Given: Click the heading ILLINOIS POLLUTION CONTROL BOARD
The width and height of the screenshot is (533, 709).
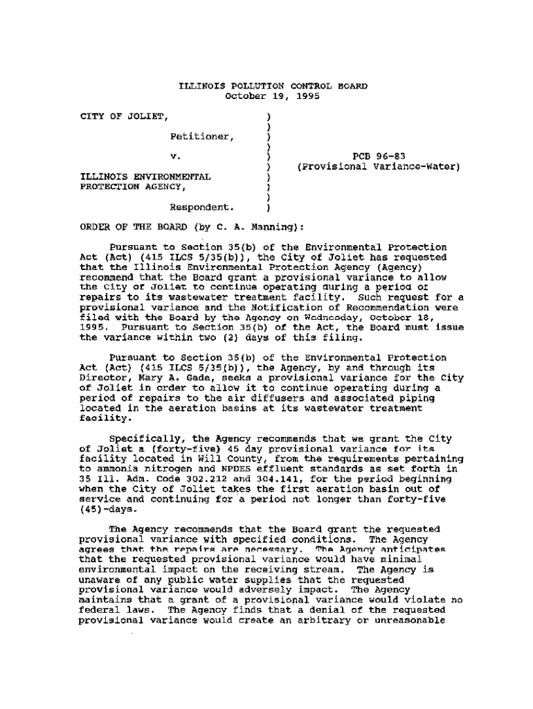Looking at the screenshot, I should pyautogui.click(x=273, y=87).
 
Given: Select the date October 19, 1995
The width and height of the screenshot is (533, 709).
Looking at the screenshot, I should pyautogui.click(x=273, y=96).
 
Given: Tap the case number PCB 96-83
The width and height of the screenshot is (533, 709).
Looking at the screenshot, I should pyautogui.click(x=378, y=156).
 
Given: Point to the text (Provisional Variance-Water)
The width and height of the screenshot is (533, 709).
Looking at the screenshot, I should pyautogui.click(x=379, y=167).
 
